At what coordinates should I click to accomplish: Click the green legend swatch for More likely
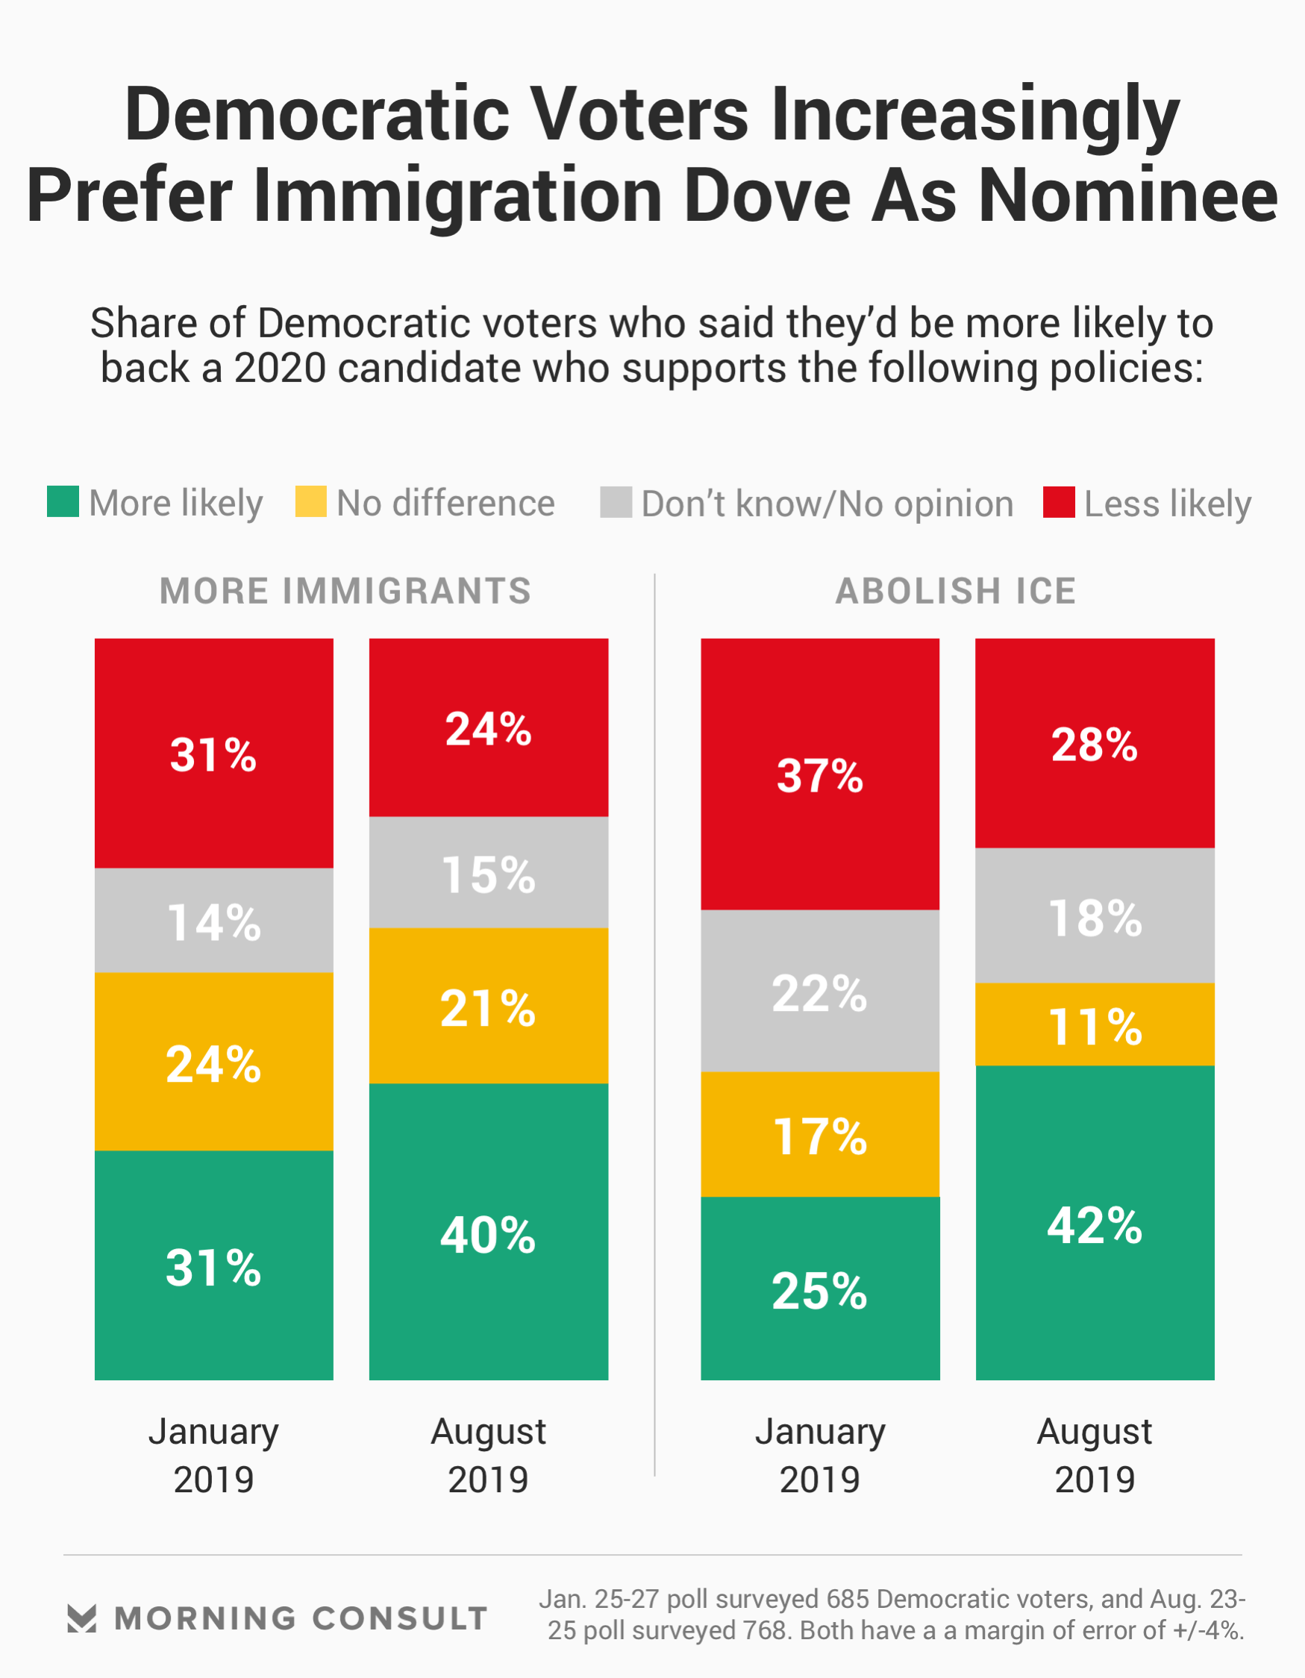(62, 501)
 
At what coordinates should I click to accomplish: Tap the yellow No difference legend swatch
(310, 501)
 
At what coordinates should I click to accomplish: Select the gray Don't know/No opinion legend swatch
(616, 501)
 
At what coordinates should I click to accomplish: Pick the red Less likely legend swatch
(1058, 501)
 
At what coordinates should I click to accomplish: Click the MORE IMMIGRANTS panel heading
(345, 592)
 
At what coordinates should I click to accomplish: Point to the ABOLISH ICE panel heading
(955, 592)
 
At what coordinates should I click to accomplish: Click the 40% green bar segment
(488, 1232)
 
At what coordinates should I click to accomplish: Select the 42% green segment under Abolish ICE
(1095, 1222)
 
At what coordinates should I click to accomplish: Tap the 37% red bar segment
(819, 774)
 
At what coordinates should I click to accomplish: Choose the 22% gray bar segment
(819, 991)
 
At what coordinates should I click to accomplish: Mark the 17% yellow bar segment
(819, 1134)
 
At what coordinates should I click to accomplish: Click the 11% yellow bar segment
(1095, 1024)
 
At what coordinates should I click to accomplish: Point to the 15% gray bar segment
(488, 872)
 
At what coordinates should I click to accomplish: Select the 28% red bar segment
(1095, 744)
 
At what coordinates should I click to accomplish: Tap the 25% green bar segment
(819, 1289)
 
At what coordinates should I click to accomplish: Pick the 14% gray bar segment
(213, 921)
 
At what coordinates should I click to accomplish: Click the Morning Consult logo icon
(81, 1618)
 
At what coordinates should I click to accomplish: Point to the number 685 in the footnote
(848, 1599)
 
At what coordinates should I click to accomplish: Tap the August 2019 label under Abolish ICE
(1095, 1455)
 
